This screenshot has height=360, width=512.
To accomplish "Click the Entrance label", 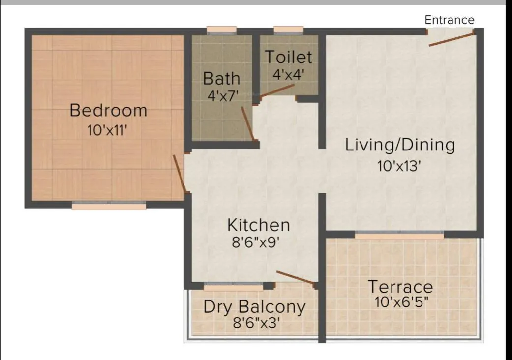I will click(450, 20).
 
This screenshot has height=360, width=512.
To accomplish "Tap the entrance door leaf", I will click(451, 39).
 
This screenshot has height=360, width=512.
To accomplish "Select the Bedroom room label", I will click(108, 110).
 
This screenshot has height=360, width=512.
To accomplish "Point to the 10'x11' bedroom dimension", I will click(108, 130).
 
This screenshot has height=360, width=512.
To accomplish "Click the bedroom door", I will click(180, 174).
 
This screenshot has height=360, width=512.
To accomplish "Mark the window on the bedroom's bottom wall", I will click(109, 207).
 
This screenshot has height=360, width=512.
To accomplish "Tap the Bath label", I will click(222, 78).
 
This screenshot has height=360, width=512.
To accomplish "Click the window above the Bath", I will click(222, 30).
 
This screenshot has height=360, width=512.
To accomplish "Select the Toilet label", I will click(289, 57).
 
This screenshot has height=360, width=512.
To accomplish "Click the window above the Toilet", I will click(288, 30).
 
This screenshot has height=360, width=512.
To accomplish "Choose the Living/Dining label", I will click(400, 145).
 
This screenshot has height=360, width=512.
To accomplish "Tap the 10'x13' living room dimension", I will click(400, 166).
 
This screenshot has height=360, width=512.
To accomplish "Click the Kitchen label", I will click(258, 225).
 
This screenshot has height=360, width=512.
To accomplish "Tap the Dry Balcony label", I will click(254, 307).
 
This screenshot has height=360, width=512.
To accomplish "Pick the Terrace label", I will click(400, 286).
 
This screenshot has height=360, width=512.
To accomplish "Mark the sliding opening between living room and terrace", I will click(399, 236).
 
